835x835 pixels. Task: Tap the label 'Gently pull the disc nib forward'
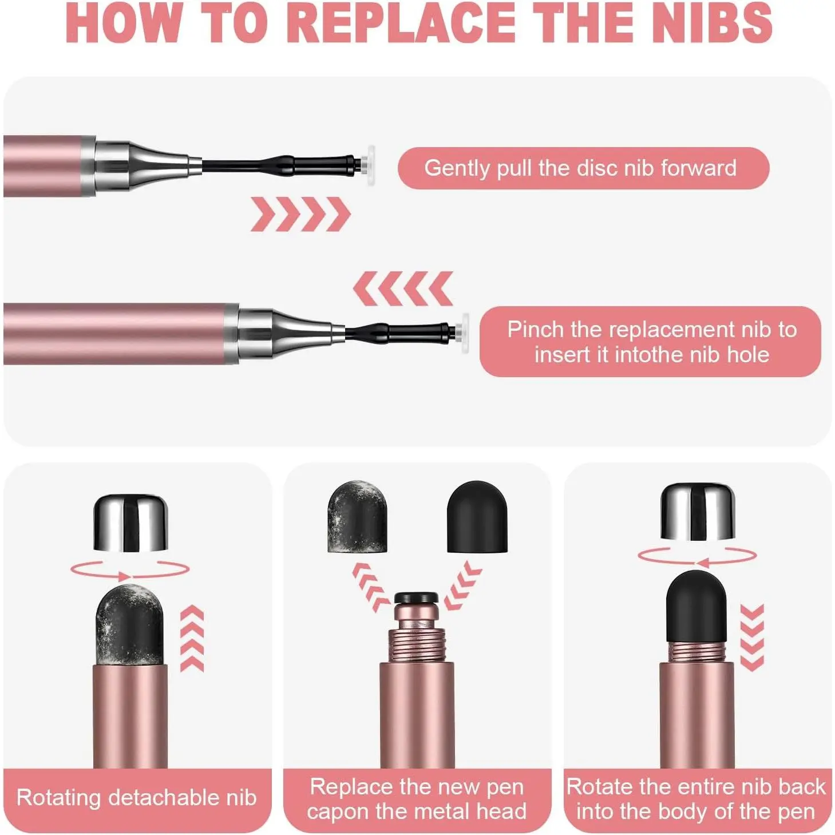click(580, 168)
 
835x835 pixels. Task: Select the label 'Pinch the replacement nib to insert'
click(651, 342)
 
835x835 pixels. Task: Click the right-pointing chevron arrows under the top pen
click(300, 214)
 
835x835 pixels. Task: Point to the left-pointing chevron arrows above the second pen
click(403, 289)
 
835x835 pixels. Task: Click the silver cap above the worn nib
click(131, 523)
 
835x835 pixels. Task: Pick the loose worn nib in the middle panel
click(357, 516)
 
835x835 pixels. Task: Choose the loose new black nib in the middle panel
click(477, 516)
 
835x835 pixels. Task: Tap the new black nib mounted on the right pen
click(696, 608)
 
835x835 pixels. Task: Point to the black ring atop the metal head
click(416, 597)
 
